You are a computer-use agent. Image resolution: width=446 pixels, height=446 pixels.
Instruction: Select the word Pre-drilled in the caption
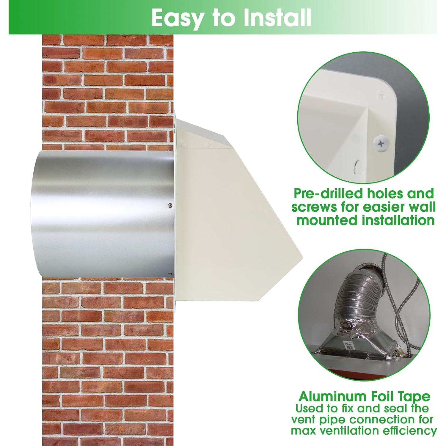(328, 194)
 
